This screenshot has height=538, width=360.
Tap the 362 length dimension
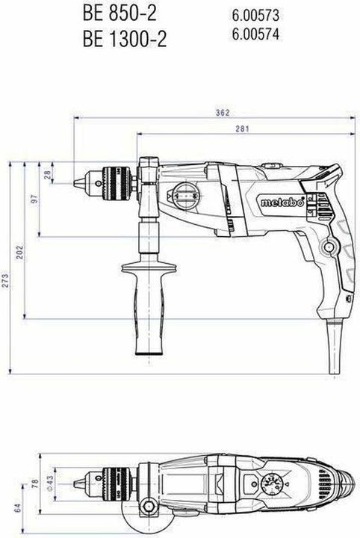221,113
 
